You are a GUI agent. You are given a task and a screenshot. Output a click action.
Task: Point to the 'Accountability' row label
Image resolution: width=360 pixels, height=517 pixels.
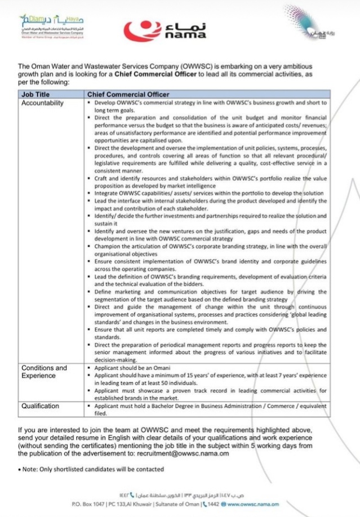click(x=42, y=103)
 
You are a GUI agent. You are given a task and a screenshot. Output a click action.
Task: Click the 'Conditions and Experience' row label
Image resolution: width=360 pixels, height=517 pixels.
click(x=44, y=371)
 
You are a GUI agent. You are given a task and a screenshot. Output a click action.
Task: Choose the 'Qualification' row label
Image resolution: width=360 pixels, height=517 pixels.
click(x=40, y=405)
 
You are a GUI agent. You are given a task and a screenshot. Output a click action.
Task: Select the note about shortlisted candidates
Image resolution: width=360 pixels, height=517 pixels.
click(x=91, y=469)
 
